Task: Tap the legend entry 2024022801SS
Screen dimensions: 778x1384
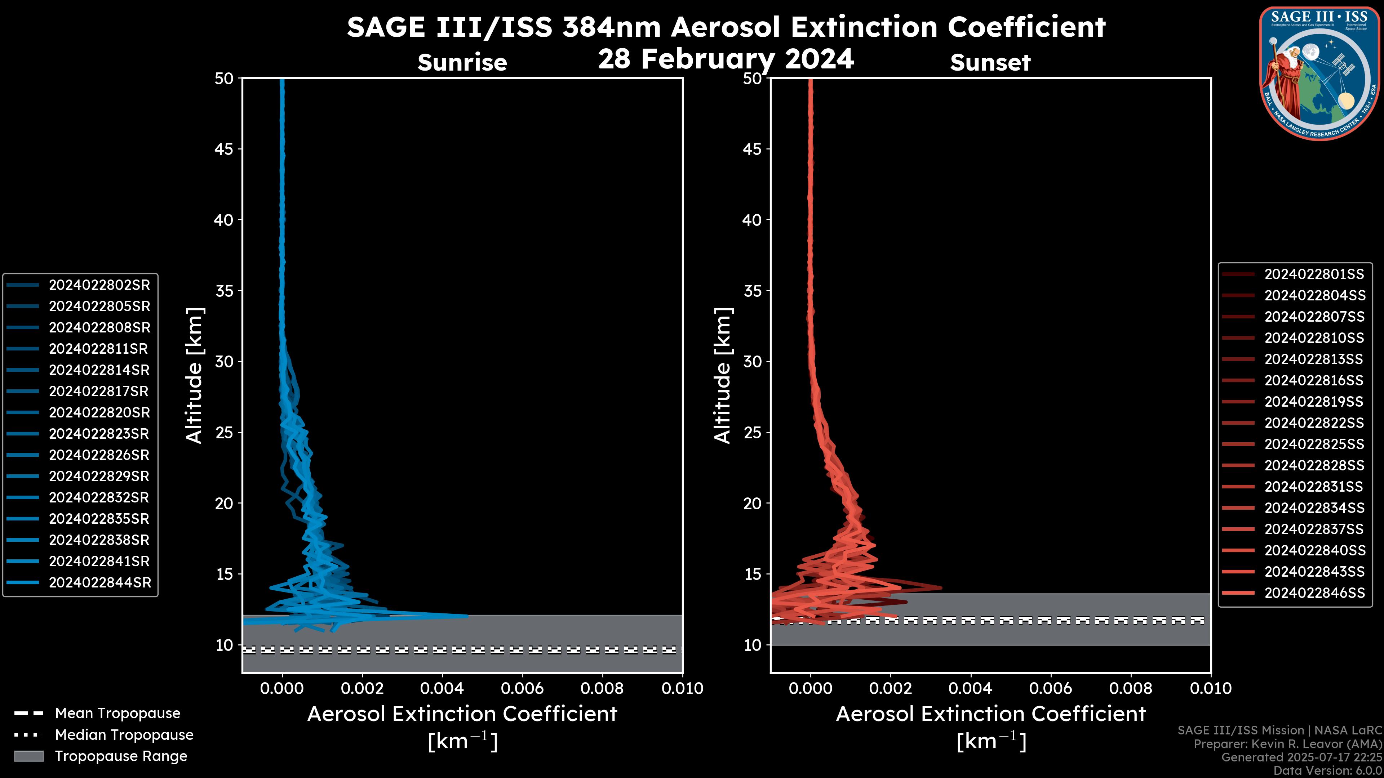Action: (1314, 274)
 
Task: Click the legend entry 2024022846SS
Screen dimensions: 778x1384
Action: (1314, 593)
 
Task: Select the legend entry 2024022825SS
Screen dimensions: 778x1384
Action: (1314, 444)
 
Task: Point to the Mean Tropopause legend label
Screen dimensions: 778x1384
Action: (117, 713)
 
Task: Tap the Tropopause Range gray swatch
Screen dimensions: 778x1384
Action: (28, 756)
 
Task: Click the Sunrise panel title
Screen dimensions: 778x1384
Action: (462, 62)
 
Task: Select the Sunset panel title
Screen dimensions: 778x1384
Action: (990, 62)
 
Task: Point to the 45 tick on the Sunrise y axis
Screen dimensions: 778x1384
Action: (224, 149)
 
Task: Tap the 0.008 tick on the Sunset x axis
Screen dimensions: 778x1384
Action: (1131, 688)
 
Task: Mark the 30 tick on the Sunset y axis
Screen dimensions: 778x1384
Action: (752, 361)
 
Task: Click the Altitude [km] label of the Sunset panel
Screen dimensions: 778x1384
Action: (723, 376)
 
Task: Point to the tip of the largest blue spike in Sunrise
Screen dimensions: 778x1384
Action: (467, 616)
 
